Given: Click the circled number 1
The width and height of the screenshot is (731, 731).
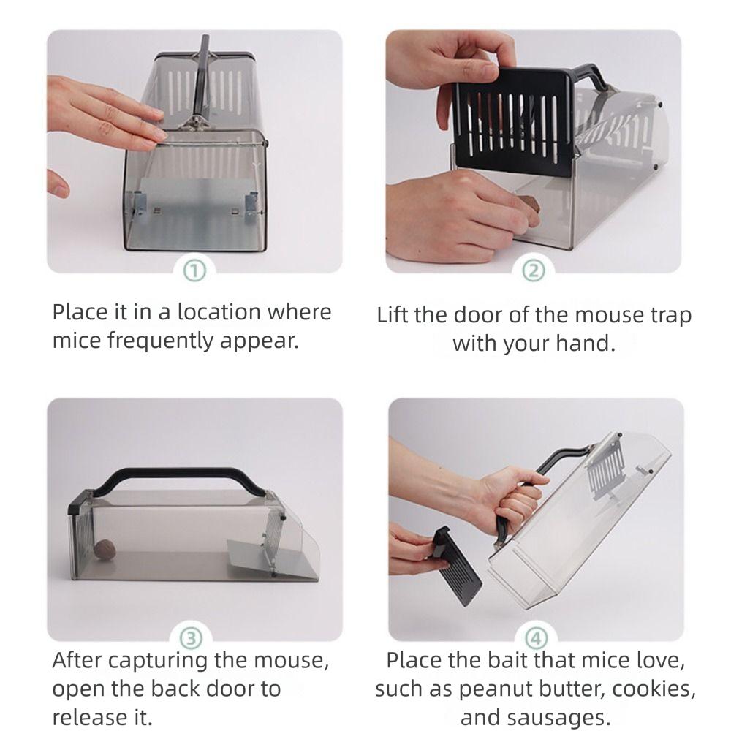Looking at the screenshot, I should click(194, 271).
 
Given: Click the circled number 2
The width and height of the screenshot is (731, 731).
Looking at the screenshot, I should click(534, 271).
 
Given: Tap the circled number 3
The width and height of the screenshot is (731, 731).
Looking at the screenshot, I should click(192, 638).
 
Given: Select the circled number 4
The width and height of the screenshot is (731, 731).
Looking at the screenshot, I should click(535, 638).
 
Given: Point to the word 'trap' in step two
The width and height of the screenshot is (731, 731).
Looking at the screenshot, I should click(670, 316).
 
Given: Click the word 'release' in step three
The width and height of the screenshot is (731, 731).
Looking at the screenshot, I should click(87, 715).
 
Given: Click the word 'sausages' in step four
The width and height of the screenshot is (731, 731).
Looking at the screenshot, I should click(567, 716).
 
